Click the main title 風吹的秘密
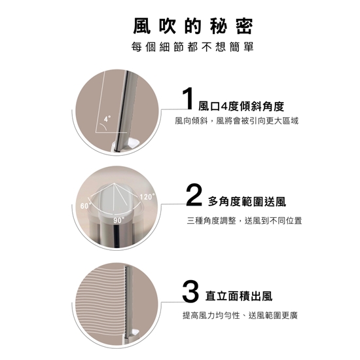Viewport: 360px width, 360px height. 193,26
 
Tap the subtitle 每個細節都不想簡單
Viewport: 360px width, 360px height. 192,47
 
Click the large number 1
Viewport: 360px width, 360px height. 189,98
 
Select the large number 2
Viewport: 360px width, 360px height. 194,194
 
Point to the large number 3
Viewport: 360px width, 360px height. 190,291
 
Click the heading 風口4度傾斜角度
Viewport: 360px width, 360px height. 241,106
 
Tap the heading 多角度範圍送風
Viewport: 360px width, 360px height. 247,202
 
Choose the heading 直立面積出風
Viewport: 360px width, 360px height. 239,296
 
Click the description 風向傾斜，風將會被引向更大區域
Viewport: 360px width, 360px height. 237,120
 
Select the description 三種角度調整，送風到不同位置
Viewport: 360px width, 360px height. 244,221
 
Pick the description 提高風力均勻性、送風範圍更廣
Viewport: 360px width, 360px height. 240,315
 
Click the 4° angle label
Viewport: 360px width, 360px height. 107,118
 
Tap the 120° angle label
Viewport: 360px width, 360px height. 147,197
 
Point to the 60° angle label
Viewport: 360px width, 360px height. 85,206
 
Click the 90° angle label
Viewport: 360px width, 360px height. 118,220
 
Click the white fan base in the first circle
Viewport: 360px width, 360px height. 126,146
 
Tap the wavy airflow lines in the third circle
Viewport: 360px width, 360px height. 101,302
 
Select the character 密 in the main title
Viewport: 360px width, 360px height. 245,26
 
